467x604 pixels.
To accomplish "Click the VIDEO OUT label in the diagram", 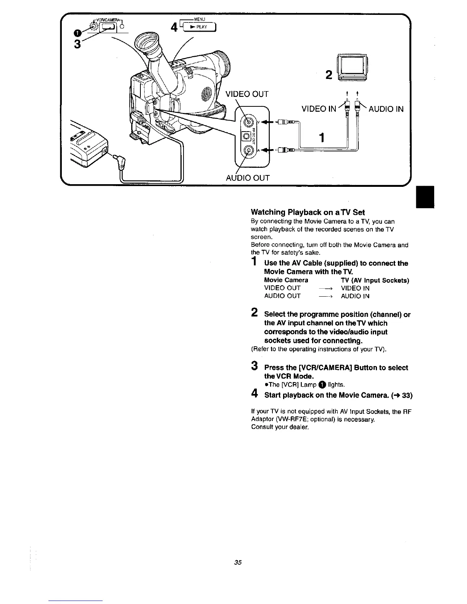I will point(247,94).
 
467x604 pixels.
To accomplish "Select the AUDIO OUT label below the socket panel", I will point(248,178).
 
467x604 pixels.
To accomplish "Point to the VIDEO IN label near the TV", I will point(319,109).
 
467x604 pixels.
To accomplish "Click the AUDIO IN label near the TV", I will point(386,109).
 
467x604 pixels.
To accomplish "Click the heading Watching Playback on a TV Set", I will point(308,212).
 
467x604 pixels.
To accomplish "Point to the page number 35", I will point(238,562).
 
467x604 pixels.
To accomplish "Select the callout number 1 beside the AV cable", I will point(323,137).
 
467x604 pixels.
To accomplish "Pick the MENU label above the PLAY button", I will point(200,18).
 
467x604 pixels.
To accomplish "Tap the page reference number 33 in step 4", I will point(407,395).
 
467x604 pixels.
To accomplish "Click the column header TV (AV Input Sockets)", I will point(375,280).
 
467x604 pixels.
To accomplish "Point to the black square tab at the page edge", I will point(425,197).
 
